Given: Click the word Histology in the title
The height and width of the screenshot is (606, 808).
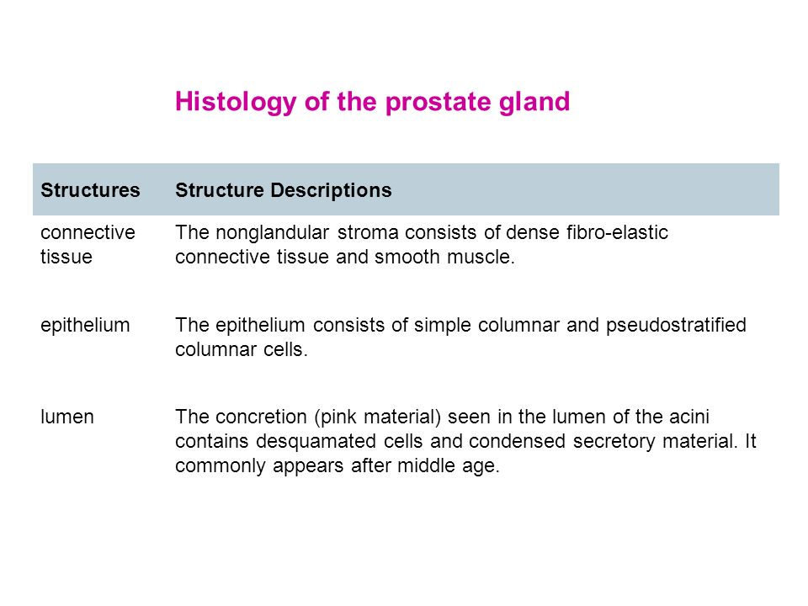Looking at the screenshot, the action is click(236, 102).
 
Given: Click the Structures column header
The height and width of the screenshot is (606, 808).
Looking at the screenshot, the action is click(90, 190).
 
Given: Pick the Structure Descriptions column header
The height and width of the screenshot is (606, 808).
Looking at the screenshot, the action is click(284, 191).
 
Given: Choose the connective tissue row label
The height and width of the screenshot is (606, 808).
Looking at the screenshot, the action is click(88, 245).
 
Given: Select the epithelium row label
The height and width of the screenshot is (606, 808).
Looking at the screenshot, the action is click(85, 326).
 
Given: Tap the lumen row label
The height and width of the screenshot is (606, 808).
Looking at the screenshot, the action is click(67, 417).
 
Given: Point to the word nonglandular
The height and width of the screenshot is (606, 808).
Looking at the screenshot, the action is click(272, 233).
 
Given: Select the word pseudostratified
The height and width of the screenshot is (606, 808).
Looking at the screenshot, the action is click(676, 326).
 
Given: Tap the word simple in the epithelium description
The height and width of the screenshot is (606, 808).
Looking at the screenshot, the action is click(443, 326).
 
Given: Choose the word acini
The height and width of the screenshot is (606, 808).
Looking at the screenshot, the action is click(689, 417).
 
